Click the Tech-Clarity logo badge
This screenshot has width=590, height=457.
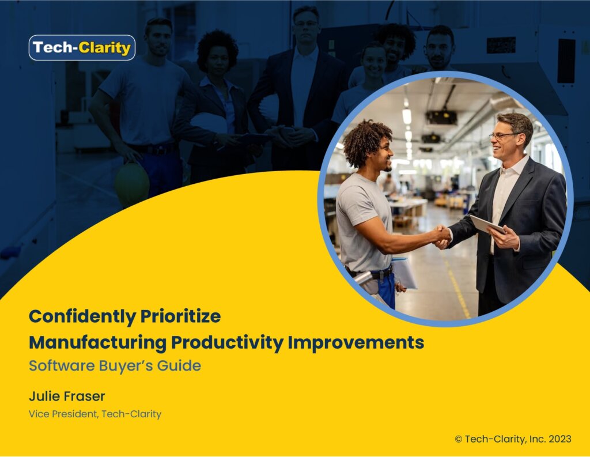(82, 48)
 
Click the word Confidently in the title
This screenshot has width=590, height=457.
(82, 316)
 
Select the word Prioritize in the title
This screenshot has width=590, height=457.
(180, 316)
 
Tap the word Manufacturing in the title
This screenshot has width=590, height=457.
(98, 343)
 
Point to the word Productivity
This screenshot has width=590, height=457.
(227, 343)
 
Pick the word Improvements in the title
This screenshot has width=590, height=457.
(356, 343)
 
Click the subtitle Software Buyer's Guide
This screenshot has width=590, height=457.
(115, 366)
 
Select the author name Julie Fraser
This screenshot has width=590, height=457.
(67, 396)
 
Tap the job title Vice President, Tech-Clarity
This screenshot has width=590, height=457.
(95, 414)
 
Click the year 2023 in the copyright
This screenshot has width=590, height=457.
(560, 439)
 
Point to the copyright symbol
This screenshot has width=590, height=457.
(458, 439)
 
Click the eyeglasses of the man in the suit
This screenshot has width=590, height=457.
(504, 135)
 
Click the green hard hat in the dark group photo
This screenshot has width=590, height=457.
(132, 184)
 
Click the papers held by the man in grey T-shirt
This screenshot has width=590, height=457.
(404, 273)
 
